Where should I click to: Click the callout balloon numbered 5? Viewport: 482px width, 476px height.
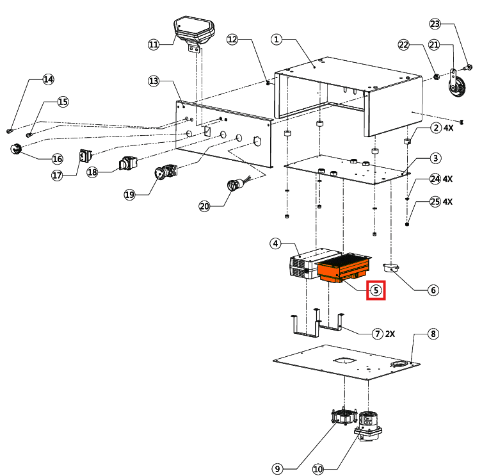tap(376, 290)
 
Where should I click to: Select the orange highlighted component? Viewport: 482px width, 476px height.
tap(344, 267)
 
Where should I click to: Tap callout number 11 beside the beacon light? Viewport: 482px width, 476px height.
tap(153, 44)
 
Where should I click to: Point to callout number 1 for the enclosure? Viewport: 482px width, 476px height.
tap(277, 39)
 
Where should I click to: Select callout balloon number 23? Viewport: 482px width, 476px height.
tap(435, 24)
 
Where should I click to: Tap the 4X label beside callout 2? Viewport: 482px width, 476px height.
tap(448, 127)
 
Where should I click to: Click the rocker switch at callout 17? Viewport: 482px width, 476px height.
tap(84, 156)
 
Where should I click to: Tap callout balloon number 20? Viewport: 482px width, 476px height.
tap(204, 206)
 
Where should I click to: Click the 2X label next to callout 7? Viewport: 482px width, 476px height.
tap(390, 334)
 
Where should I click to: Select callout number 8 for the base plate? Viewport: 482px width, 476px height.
tap(433, 334)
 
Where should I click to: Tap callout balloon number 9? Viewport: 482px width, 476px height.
tap(277, 469)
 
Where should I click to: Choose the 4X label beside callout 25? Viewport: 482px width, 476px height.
tap(448, 202)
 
